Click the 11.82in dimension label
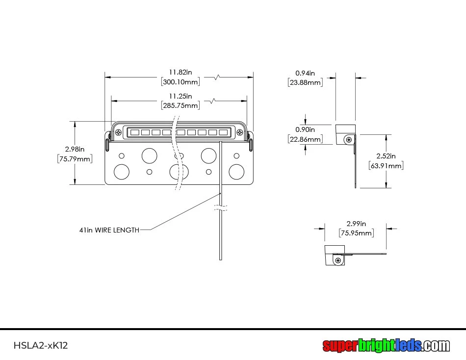[x=180, y=72]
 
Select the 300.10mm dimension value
[x=180, y=81]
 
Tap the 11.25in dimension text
[x=180, y=96]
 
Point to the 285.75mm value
[x=180, y=105]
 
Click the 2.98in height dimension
[x=75, y=149]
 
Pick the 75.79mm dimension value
[x=75, y=158]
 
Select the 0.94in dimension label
[x=305, y=73]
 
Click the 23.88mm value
[x=305, y=82]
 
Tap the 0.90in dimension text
[x=305, y=129]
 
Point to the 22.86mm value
[x=305, y=139]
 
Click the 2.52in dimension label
[x=386, y=156]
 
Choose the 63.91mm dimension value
[x=386, y=166]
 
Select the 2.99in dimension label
[x=356, y=223]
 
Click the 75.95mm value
[x=356, y=233]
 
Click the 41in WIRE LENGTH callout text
[x=109, y=230]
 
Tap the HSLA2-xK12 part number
[x=41, y=345]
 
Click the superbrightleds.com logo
[x=386, y=346]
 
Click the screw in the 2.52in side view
[x=349, y=140]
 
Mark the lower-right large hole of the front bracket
[x=236, y=172]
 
